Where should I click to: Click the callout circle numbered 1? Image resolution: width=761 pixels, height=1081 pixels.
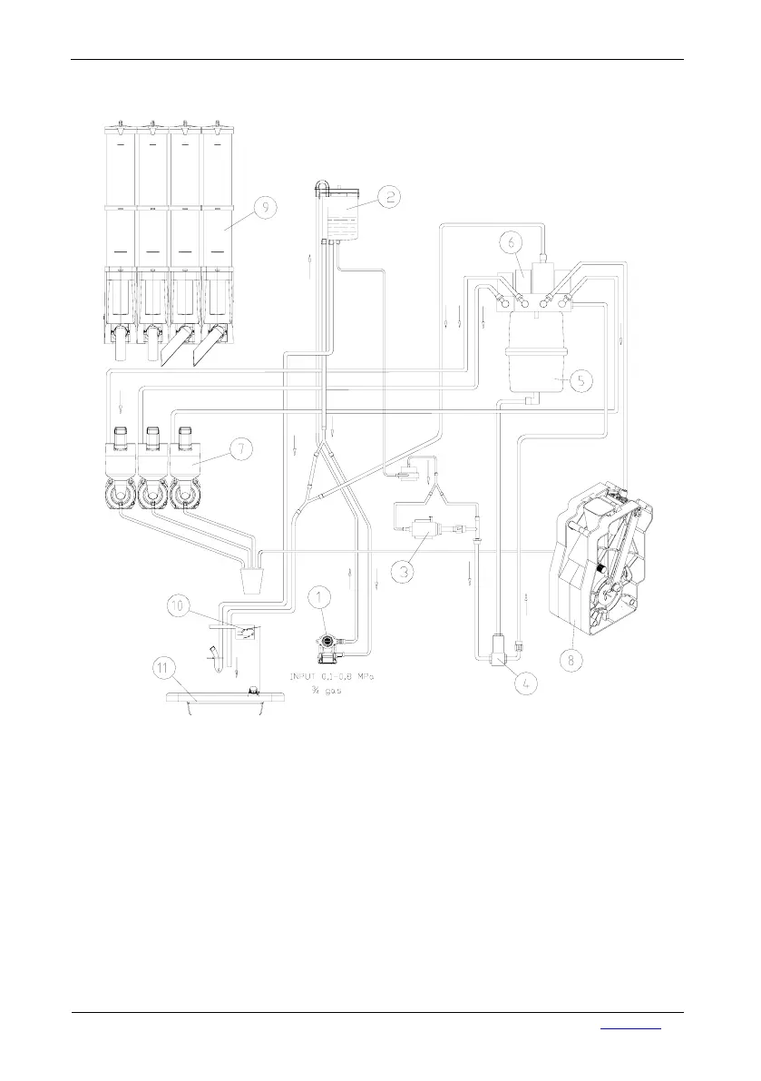[318, 597]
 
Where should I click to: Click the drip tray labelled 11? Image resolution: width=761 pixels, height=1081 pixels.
[209, 701]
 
